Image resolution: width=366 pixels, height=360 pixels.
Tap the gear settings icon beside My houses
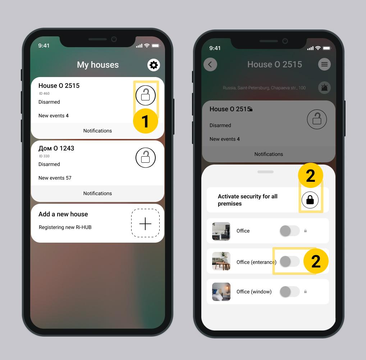pos(154,65)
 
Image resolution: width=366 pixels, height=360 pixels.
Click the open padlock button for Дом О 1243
pos(145,158)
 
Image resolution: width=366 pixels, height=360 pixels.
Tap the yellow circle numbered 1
pos(145,121)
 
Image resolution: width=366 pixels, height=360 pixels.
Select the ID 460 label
pos(44,94)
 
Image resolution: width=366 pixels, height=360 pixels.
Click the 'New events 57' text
pos(55,178)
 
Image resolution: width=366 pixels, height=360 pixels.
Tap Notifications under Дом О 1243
pos(97,193)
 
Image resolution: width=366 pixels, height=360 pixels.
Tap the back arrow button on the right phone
pos(210,64)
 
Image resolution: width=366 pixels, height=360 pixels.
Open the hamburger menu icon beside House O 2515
pos(324,64)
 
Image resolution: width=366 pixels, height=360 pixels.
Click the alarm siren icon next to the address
pos(324,88)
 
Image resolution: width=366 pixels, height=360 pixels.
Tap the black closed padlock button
pos(310,200)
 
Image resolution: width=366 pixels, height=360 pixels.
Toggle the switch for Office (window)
pos(290,292)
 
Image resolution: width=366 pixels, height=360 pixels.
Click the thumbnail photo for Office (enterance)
pos(221,261)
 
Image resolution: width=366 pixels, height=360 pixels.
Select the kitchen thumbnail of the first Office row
pos(221,231)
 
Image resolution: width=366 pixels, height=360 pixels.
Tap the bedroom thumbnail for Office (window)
pos(221,292)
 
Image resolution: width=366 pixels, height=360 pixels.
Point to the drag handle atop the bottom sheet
pos(265,172)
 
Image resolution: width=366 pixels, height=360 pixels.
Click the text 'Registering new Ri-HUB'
pos(65,227)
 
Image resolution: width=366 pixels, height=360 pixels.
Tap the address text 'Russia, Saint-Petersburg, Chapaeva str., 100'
pos(264,88)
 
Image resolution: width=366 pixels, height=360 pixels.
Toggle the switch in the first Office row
pos(290,231)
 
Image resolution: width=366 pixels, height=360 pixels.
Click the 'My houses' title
pos(98,65)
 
